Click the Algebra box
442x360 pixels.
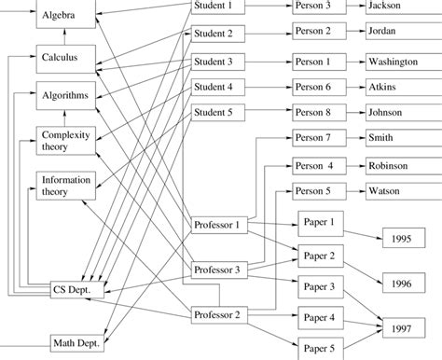point(65,17)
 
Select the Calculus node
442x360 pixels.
point(65,56)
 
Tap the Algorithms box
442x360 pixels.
point(65,95)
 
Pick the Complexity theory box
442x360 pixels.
point(65,140)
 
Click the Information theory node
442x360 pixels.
point(65,186)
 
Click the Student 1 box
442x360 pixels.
point(217,7)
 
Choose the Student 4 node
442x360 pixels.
point(217,88)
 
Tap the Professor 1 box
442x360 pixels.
point(219,225)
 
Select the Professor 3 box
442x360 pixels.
point(219,270)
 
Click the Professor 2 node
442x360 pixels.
point(219,314)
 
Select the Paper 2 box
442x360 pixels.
point(320,254)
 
